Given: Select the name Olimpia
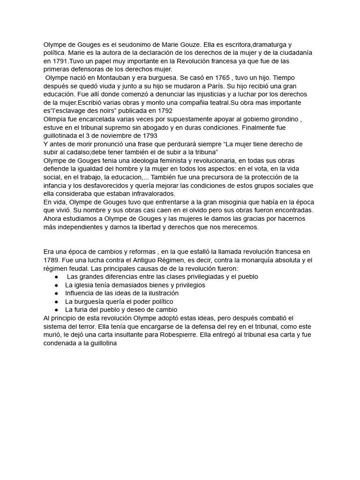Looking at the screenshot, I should (56, 119).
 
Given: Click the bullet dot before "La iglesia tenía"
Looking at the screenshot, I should (56, 285).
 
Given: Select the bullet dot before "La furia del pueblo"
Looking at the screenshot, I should (56, 310).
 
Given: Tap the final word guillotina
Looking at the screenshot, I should (100, 343).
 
